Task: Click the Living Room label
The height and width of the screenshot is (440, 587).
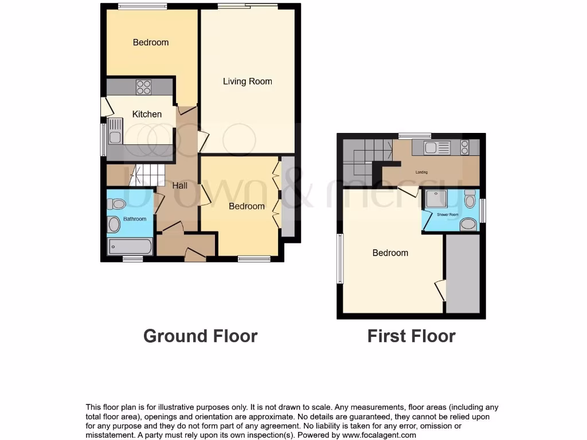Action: coord(247,81)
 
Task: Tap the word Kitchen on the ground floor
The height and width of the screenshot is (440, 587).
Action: coord(147,114)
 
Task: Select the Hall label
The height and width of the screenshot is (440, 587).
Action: coord(180,186)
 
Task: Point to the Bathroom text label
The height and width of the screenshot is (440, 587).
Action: coord(135,219)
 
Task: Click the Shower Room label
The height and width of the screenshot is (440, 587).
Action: coord(448,215)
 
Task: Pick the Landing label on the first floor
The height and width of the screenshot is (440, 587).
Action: coord(421,172)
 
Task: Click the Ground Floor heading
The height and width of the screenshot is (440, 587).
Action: coord(200,336)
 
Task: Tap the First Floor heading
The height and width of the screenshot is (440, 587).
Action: coord(411,336)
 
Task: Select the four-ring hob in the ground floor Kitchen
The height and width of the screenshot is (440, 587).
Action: coord(144,87)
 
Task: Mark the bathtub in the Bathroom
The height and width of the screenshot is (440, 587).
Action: coord(130,247)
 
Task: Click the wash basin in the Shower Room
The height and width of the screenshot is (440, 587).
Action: coord(468,223)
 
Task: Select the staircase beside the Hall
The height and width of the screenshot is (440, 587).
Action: coord(147,174)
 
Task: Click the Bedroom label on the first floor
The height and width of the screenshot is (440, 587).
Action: coord(390,253)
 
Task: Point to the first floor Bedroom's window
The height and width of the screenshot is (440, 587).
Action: coord(340,259)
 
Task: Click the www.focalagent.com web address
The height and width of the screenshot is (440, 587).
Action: coord(379,435)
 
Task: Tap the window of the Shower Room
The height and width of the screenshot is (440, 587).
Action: coord(482,210)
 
